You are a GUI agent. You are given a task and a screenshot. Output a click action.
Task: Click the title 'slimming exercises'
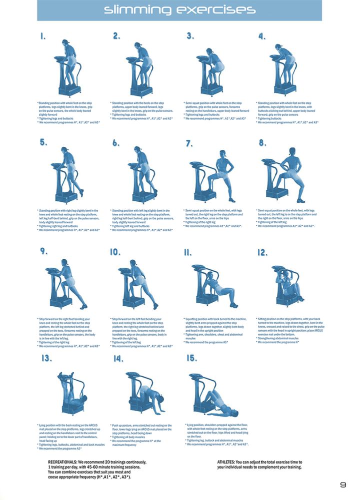[x=179, y=10]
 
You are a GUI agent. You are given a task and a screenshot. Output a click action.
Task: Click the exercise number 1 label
[x=43, y=36]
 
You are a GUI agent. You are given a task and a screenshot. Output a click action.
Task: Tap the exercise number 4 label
[x=261, y=36]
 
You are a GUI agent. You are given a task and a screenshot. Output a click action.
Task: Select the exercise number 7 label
[x=189, y=143]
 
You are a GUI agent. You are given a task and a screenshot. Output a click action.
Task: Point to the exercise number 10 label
[x=115, y=252]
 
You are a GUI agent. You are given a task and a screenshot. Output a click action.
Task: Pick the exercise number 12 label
[x=262, y=253]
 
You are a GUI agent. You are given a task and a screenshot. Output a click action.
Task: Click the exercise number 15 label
[x=191, y=358]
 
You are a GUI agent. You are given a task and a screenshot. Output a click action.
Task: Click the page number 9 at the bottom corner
[x=343, y=485]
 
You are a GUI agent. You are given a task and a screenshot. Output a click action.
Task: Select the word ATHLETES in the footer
[x=227, y=462]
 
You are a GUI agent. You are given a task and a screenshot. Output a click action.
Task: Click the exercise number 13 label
[x=46, y=358]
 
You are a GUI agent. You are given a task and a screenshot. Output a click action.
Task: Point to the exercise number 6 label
[x=116, y=143]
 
